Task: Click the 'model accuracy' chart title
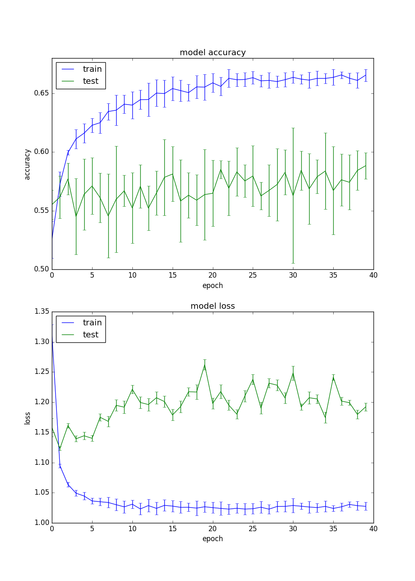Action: [212, 53]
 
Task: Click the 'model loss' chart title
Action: [212, 306]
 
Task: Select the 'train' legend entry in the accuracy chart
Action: [92, 69]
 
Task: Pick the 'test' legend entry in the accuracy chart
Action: [90, 81]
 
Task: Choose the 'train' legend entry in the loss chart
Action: [92, 323]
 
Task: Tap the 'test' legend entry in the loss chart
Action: [90, 335]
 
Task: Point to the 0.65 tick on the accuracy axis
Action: [41, 93]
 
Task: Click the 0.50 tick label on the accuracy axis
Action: [41, 269]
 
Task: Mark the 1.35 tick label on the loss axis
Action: [41, 312]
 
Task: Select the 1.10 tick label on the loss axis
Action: [41, 463]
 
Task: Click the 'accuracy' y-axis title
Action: [27, 164]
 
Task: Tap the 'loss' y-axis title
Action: [27, 418]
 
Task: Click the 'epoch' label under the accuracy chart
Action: [212, 286]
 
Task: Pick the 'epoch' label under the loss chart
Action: [212, 539]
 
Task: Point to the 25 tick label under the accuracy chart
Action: [253, 275]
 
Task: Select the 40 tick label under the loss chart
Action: [373, 529]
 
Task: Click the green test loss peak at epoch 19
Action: [205, 365]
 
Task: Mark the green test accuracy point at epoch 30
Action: [293, 195]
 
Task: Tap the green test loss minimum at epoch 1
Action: [60, 448]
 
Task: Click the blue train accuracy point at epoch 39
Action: [366, 75]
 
